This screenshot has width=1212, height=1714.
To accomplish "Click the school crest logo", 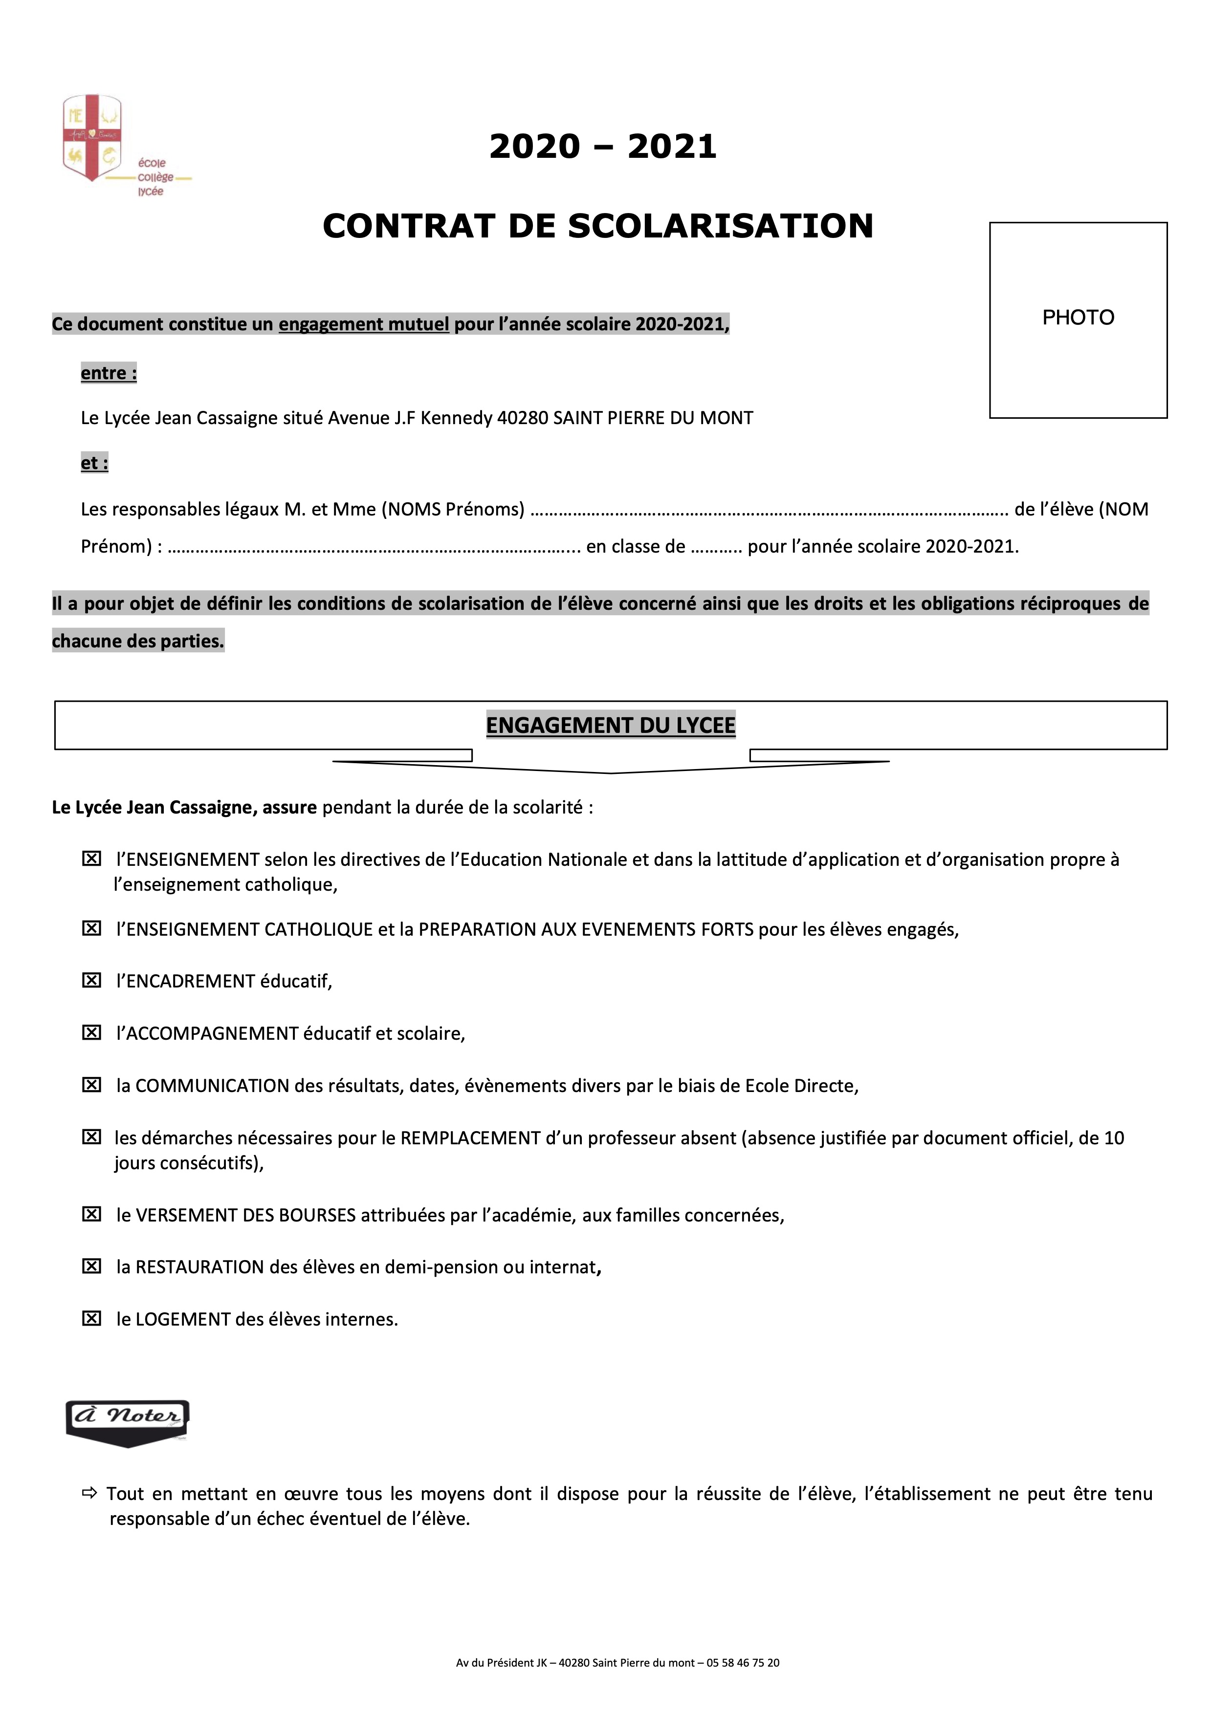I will tap(92, 138).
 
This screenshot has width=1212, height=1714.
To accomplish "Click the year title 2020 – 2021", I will tap(603, 146).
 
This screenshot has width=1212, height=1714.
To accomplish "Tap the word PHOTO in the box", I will tap(1078, 318).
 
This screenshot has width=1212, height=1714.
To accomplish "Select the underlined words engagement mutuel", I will tap(364, 324).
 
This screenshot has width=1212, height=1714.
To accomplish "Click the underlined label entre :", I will tap(108, 373).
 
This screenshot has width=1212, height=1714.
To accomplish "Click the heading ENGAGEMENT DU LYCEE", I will tap(610, 725).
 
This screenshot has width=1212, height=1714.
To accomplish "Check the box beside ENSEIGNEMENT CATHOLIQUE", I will tap(91, 929).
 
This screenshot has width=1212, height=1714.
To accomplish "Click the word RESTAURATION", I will tap(199, 1267).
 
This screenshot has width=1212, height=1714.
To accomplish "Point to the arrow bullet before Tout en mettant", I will tap(89, 1494).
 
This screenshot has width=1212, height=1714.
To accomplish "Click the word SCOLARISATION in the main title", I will tap(720, 226).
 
